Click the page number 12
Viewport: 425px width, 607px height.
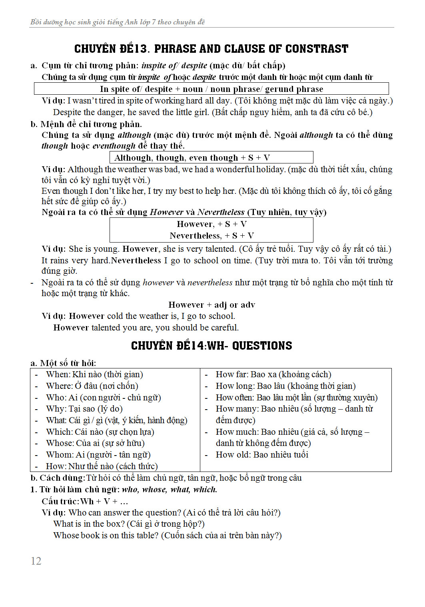(36, 561)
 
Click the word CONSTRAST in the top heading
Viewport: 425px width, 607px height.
(317, 49)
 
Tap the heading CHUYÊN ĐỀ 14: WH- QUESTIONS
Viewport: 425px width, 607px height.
(212, 346)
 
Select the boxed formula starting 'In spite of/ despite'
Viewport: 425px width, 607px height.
(212, 89)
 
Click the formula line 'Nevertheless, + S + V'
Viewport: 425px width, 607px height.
(212, 235)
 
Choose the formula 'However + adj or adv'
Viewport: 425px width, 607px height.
(212, 304)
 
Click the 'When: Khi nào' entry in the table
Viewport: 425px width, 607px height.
(94, 374)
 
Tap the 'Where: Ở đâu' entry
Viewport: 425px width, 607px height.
(92, 386)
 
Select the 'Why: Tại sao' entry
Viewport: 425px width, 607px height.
(84, 409)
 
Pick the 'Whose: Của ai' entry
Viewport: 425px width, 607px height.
(95, 443)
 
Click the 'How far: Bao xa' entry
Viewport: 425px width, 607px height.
(273, 374)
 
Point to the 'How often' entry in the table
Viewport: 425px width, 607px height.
(296, 398)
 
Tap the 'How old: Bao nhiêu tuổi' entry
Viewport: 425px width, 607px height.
(262, 455)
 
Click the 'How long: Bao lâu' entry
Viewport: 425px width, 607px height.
(285, 386)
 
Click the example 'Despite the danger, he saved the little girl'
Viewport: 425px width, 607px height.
(213, 112)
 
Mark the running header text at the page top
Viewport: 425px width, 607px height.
(118, 22)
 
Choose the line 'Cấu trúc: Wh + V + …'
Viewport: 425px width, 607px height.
(85, 501)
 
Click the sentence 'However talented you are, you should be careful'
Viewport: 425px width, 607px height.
(146, 328)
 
